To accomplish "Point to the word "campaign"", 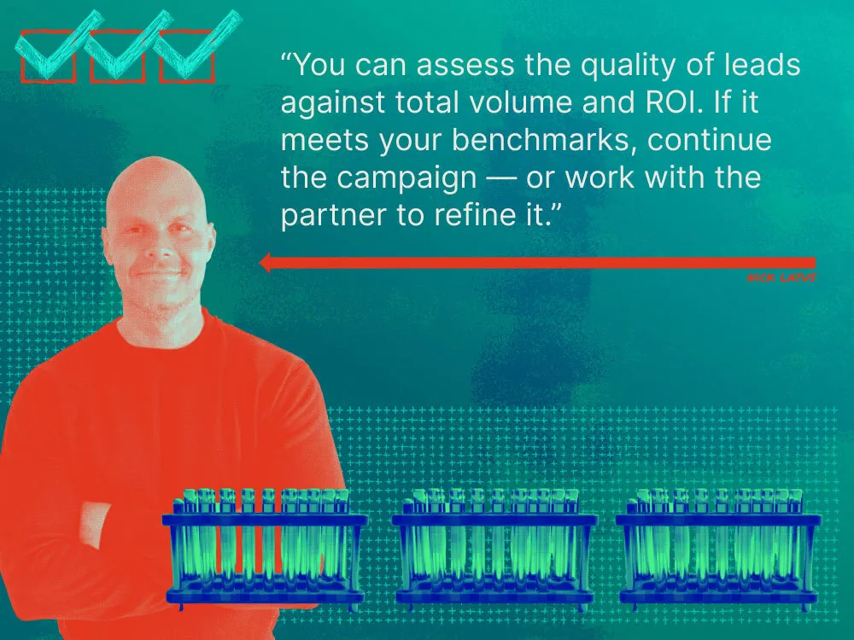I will tap(414, 178).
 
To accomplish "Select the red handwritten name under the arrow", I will tap(781, 278).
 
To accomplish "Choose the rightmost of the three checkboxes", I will tap(186, 56).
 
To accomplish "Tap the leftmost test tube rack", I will tap(265, 546).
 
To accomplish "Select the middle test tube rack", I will tap(494, 546).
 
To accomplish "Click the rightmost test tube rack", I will tap(717, 546).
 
